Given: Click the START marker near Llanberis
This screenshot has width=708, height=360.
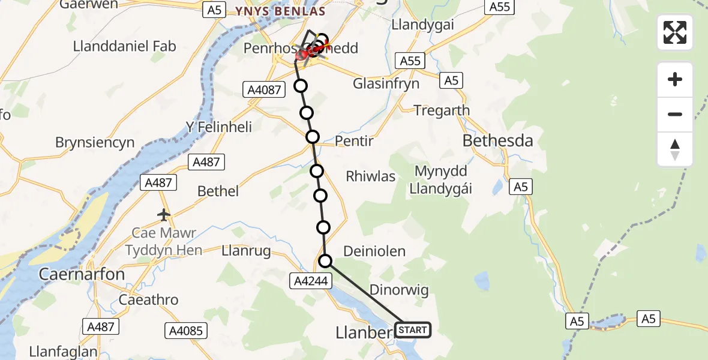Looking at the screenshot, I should (413, 330).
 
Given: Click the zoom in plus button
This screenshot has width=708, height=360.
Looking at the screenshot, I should (675, 79).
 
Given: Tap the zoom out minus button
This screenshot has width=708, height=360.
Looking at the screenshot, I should (675, 114).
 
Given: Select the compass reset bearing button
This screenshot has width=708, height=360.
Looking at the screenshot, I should (675, 149).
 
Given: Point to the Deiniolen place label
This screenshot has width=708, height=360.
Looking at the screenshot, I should (374, 251).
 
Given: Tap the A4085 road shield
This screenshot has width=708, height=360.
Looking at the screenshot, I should (186, 330).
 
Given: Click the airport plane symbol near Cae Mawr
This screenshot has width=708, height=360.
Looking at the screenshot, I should (163, 214).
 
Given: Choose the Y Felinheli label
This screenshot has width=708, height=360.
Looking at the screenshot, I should (218, 127).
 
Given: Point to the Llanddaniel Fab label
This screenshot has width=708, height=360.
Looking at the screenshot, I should (124, 46).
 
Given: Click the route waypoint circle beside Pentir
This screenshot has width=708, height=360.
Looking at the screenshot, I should (312, 137).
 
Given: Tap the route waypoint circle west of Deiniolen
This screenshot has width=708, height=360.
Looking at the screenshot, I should (325, 260).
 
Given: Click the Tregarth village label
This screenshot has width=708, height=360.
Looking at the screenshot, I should (442, 110).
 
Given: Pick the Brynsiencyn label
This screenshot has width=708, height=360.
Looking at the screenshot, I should (95, 143).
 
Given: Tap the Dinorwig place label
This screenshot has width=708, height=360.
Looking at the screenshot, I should (399, 290).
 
